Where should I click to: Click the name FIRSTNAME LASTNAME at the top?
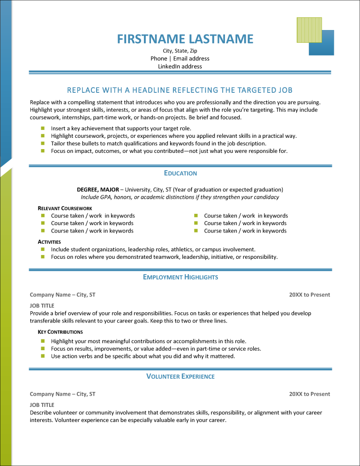click(x=185, y=38)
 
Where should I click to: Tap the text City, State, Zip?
click(x=180, y=51)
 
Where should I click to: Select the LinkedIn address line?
click(x=180, y=67)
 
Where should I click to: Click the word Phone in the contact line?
click(x=159, y=59)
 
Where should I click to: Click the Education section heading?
click(x=180, y=173)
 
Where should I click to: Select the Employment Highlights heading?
click(x=180, y=278)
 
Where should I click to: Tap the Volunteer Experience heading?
click(x=180, y=376)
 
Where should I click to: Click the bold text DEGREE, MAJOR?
click(x=98, y=190)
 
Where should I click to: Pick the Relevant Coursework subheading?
click(x=65, y=208)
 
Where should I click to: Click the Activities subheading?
click(x=49, y=242)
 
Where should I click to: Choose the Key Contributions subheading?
click(x=60, y=332)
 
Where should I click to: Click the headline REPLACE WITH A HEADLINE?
click(x=180, y=90)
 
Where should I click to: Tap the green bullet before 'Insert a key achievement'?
click(x=42, y=128)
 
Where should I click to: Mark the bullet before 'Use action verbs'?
click(x=42, y=356)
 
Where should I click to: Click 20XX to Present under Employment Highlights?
click(x=309, y=295)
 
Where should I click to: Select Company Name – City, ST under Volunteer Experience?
click(x=62, y=394)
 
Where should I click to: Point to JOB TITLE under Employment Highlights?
click(x=42, y=306)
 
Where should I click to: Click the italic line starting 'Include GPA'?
click(x=180, y=197)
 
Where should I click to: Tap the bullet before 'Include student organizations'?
click(x=42, y=249)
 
